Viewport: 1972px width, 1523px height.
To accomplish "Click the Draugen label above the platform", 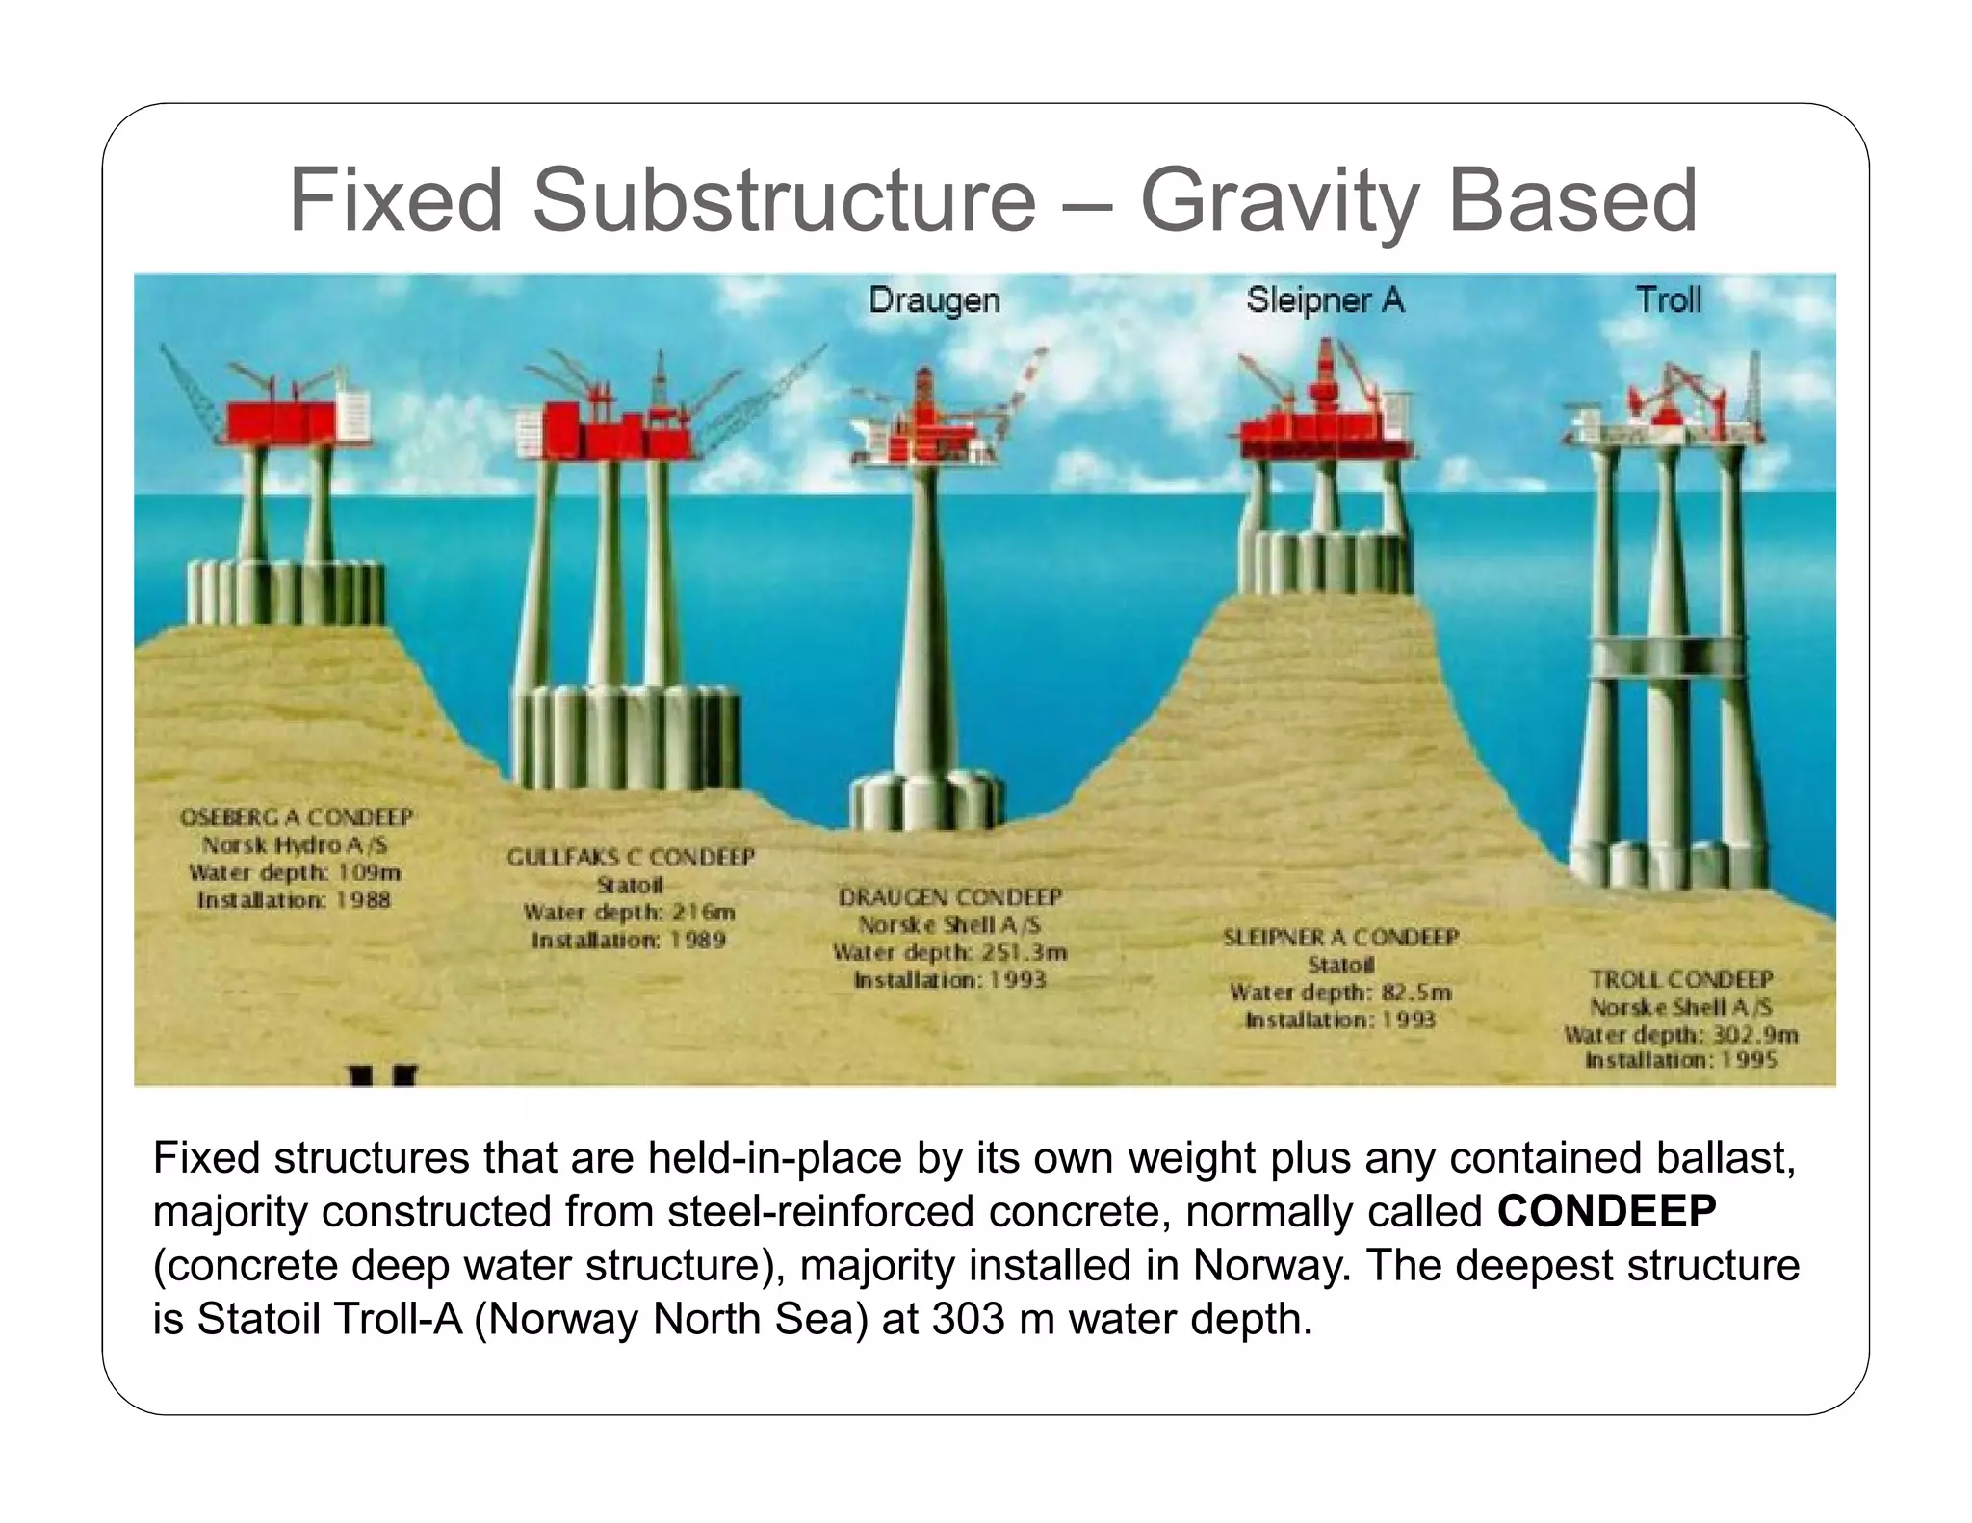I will (x=934, y=299).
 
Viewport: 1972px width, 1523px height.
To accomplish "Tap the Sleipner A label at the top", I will (x=1325, y=299).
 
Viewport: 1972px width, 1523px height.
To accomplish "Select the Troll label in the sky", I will (x=1669, y=299).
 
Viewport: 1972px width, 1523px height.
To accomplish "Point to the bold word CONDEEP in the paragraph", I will (x=1606, y=1211).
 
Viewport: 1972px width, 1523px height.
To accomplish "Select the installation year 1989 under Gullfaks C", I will (x=698, y=940).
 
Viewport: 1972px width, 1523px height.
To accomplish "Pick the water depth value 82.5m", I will (x=1415, y=993).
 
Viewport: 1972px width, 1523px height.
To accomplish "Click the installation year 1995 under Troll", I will (x=1750, y=1060).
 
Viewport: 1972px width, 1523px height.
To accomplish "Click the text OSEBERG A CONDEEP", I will (x=297, y=817).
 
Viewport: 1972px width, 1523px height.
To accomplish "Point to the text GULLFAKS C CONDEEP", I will (x=631, y=857).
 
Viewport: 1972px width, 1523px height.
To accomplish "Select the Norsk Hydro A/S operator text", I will (x=295, y=845).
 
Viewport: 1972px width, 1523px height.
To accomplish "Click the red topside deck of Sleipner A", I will (x=1324, y=433).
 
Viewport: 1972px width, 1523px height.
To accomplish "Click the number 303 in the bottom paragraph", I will (x=967, y=1319).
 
